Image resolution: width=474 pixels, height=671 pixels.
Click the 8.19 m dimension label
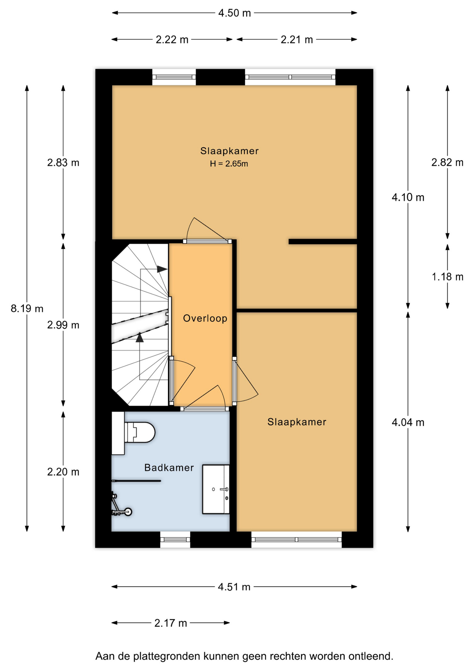point(27,309)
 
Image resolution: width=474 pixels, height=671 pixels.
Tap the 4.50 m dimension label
point(235,13)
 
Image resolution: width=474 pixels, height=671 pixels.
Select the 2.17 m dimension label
point(171,623)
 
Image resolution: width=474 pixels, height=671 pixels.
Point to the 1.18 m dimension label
point(447,277)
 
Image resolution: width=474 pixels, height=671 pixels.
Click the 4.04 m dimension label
point(408,423)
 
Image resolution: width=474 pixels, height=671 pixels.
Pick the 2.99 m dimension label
point(63,325)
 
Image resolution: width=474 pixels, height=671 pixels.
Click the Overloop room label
point(205,318)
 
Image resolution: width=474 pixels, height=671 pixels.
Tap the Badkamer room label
point(169,468)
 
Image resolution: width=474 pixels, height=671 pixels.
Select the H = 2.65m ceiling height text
point(229,164)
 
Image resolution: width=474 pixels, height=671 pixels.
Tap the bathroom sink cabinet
point(216,489)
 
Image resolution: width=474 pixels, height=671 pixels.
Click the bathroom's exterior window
point(175,540)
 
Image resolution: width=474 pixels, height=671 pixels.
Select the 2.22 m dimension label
point(172,40)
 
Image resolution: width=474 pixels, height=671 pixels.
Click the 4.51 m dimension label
point(234,587)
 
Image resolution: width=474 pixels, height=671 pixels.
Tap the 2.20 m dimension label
point(63,472)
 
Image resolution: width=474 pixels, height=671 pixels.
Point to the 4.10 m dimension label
point(408,197)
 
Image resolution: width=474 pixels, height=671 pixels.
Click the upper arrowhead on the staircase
point(162,269)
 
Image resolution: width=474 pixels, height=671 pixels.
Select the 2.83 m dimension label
point(63,163)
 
